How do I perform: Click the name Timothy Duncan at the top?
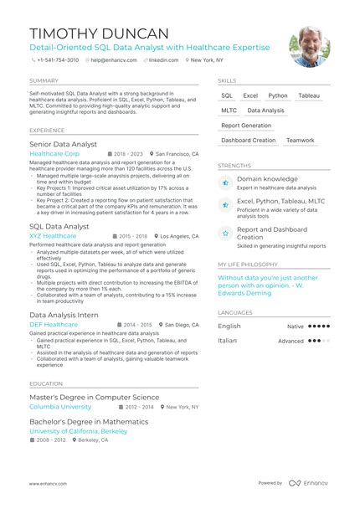(x=99, y=33)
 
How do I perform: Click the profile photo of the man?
(x=309, y=47)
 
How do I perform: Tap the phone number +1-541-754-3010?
(x=59, y=60)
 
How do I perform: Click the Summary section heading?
(x=44, y=80)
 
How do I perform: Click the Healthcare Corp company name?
(x=55, y=155)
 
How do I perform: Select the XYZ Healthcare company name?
(x=52, y=236)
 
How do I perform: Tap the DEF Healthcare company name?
(x=54, y=324)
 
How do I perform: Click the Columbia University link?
(x=60, y=406)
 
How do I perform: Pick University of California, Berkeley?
(x=78, y=431)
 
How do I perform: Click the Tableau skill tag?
(x=309, y=96)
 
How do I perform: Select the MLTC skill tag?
(x=229, y=111)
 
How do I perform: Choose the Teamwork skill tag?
(x=301, y=141)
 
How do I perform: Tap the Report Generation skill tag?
(x=246, y=126)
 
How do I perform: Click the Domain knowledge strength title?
(x=267, y=178)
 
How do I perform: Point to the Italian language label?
(x=228, y=341)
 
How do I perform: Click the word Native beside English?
(x=296, y=326)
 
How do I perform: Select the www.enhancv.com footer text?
(x=48, y=483)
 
